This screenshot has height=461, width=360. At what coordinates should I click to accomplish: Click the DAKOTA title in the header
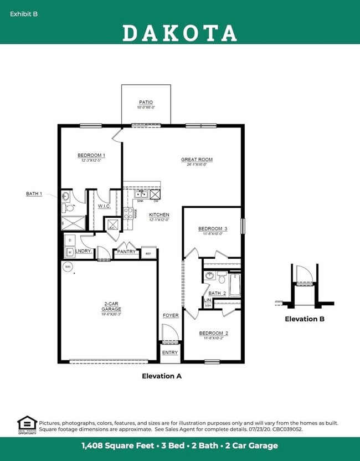(x=179, y=33)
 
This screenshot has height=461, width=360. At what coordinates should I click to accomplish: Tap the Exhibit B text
(x=24, y=13)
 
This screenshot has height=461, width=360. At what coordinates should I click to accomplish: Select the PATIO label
(x=146, y=103)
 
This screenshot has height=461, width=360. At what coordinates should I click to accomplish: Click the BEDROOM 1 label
(x=91, y=156)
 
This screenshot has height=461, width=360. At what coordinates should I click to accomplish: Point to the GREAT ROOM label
(x=197, y=160)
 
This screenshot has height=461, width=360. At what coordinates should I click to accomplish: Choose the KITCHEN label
(x=159, y=214)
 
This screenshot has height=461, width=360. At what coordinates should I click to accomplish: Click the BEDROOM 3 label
(x=213, y=228)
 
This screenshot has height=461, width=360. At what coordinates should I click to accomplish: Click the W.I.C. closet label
(x=104, y=206)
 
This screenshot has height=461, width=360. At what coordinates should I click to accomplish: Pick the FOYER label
(x=170, y=315)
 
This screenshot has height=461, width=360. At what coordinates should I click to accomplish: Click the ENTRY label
(x=170, y=352)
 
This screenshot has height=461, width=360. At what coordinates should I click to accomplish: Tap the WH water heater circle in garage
(x=68, y=267)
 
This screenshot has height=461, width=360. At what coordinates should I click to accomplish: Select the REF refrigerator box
(x=148, y=253)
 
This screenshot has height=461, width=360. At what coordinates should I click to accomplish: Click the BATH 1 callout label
(x=34, y=193)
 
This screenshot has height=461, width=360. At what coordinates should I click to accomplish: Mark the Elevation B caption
(x=305, y=319)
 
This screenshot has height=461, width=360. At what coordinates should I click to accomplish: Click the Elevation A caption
(x=162, y=376)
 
